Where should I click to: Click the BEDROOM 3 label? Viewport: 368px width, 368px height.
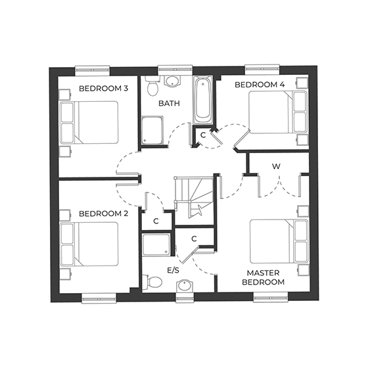pyautogui.click(x=103, y=89)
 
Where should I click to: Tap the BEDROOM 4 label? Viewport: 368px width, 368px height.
pyautogui.click(x=260, y=85)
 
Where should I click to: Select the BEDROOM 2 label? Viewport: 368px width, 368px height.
pyautogui.click(x=103, y=214)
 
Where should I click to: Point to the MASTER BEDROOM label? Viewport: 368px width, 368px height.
pyautogui.click(x=265, y=277)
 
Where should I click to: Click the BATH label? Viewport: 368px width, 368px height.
pyautogui.click(x=169, y=104)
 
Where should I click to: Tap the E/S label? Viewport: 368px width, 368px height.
pyautogui.click(x=174, y=270)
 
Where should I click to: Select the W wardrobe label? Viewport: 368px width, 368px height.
pyautogui.click(x=277, y=166)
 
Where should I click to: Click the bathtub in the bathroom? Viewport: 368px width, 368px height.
pyautogui.click(x=203, y=100)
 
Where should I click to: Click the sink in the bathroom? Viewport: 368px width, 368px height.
pyautogui.click(x=173, y=81)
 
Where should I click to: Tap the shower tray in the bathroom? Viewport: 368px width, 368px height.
pyautogui.click(x=154, y=131)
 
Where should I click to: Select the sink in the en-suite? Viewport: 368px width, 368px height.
pyautogui.click(x=185, y=286)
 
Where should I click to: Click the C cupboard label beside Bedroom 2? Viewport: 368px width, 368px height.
pyautogui.click(x=156, y=221)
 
